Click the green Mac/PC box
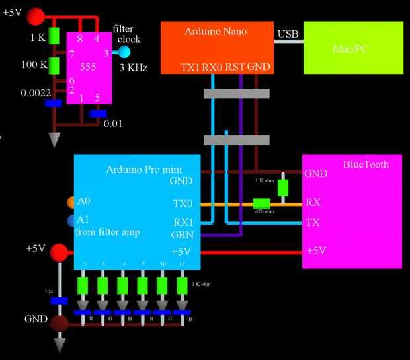click(353, 48)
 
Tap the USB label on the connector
click(288, 34)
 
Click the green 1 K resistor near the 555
click(55, 36)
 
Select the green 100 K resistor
click(55, 65)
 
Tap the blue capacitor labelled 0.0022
click(54, 103)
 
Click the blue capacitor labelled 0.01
click(98, 114)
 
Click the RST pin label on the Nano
click(235, 67)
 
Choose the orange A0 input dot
click(71, 201)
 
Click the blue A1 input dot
click(71, 221)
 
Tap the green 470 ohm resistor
click(262, 203)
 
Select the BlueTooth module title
click(366, 164)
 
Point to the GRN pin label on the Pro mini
click(183, 234)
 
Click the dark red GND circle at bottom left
click(60, 323)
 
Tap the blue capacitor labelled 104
click(60, 301)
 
